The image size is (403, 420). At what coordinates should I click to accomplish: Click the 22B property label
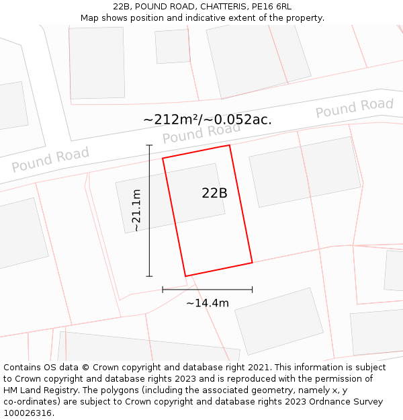(214, 193)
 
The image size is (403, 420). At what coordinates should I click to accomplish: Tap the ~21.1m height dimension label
(136, 210)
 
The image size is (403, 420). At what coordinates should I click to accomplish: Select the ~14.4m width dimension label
(208, 303)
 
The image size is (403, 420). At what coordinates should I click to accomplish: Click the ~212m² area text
(171, 120)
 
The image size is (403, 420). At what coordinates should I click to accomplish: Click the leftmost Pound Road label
(50, 160)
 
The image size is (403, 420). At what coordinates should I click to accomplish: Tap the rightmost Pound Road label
(355, 108)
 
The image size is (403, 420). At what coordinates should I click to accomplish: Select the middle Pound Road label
(201, 133)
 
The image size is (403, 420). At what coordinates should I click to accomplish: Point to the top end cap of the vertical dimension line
(149, 144)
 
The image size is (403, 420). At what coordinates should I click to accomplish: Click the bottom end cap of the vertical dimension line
(149, 276)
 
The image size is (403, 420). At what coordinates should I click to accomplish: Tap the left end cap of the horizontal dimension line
(163, 290)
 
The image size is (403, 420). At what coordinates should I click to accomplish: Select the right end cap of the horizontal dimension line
(253, 290)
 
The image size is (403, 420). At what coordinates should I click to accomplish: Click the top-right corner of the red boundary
(230, 145)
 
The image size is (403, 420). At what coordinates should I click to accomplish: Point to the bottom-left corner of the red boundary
(185, 276)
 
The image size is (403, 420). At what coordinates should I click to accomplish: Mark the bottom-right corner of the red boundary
(253, 262)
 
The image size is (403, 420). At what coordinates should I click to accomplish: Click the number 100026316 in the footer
(27, 413)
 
